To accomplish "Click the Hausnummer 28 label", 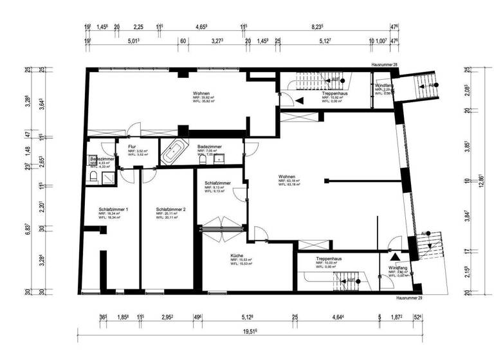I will click(385, 66).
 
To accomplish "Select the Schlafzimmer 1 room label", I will click(113, 210).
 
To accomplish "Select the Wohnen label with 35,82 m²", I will click(201, 94).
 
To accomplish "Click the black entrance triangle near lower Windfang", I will click(395, 256).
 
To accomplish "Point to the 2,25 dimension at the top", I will click(138, 28).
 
